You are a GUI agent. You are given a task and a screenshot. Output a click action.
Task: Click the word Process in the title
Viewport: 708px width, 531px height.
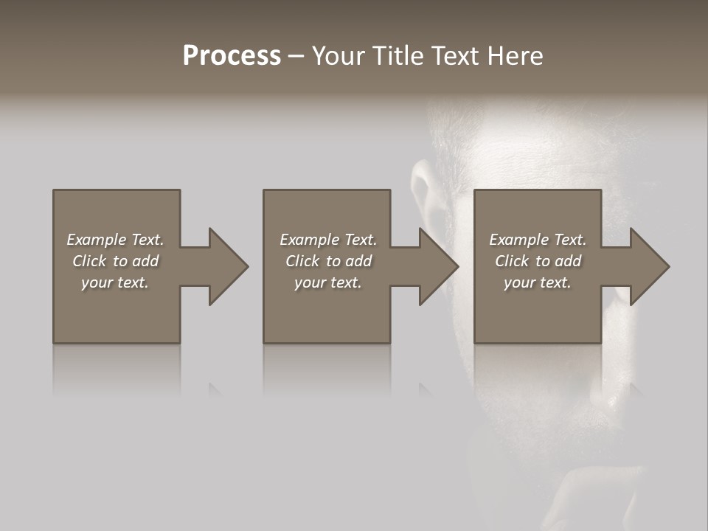232,56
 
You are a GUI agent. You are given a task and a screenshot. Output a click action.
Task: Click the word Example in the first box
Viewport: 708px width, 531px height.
97,240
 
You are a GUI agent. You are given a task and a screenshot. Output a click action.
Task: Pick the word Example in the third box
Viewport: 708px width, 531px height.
519,240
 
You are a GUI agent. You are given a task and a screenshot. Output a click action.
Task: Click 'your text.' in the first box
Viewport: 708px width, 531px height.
115,282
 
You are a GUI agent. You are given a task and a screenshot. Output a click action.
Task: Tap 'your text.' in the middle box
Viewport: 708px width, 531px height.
328,282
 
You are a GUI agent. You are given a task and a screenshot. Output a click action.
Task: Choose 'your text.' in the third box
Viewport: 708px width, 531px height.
538,282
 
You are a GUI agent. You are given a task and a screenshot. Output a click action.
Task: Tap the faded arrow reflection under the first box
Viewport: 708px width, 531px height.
215,389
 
